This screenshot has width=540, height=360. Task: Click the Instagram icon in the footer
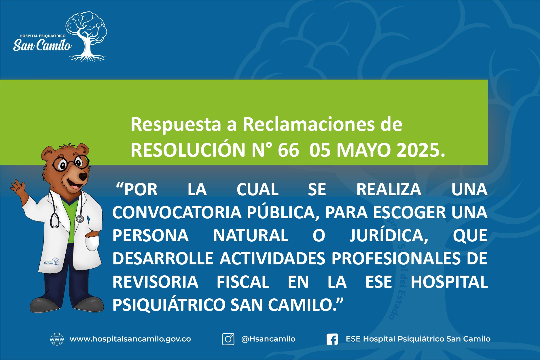pyautogui.click(x=228, y=339)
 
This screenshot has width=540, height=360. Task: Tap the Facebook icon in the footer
pyautogui.click(x=332, y=339)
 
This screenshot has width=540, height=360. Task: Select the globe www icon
pyautogui.click(x=57, y=339)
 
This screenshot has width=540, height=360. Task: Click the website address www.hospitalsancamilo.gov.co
pyautogui.click(x=130, y=339)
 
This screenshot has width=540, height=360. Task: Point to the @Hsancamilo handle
pyautogui.click(x=268, y=339)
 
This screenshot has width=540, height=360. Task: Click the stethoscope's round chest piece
pyautogui.click(x=79, y=219)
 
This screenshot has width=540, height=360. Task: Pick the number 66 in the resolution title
pyautogui.click(x=288, y=150)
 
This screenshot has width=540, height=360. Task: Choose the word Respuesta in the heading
pyautogui.click(x=176, y=124)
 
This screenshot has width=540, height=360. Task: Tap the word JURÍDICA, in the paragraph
pyautogui.click(x=389, y=236)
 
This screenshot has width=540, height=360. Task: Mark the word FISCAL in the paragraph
pyautogui.click(x=243, y=282)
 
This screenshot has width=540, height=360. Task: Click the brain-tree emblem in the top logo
pyautogui.click(x=86, y=36)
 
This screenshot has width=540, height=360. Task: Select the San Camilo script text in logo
pyautogui.click(x=42, y=45)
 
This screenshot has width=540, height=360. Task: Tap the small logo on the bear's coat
pyautogui.click(x=52, y=262)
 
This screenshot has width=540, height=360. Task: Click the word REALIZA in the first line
pyautogui.click(x=389, y=190)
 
